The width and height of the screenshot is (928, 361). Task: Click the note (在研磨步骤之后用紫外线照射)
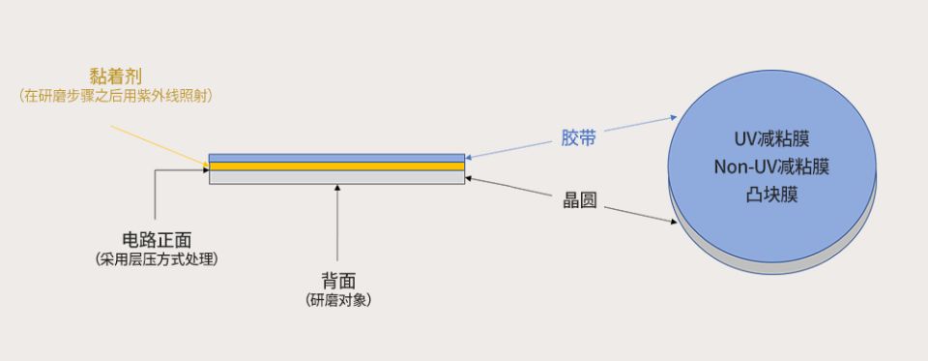point(116,95)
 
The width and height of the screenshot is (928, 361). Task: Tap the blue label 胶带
point(578,137)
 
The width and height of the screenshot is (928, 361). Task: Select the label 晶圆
point(579,200)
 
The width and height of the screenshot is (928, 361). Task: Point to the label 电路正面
point(155,239)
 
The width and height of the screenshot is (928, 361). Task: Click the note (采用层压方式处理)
point(155,259)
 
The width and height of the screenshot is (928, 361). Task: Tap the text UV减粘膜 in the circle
point(770,139)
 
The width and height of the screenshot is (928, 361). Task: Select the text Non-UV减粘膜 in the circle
point(770,167)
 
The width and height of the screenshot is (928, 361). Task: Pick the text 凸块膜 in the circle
point(770,196)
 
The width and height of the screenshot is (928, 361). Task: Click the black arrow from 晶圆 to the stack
point(512,188)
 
